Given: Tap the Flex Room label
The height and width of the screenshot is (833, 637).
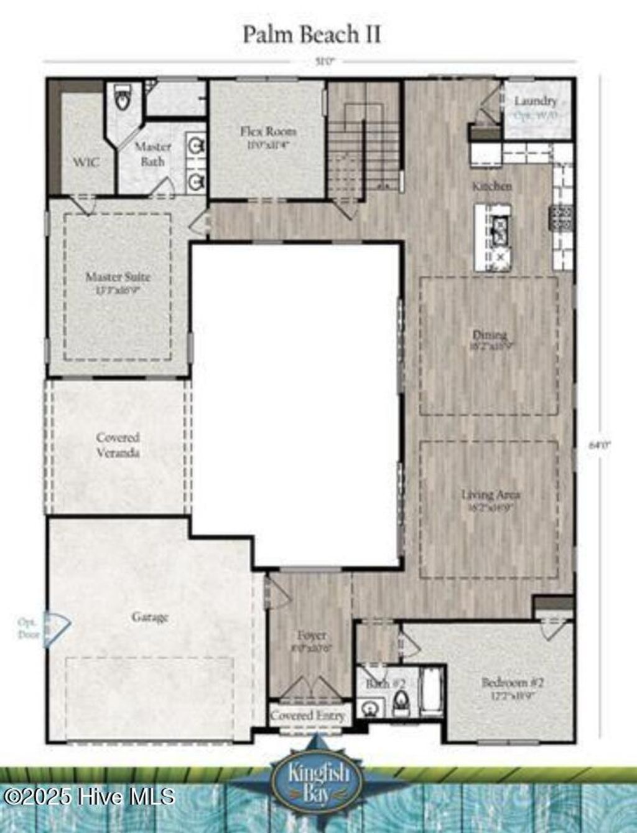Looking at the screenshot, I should pyautogui.click(x=268, y=132).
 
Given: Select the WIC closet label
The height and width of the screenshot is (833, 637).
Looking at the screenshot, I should pyautogui.click(x=86, y=162).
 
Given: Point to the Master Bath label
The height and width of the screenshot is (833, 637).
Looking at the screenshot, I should pyautogui.click(x=152, y=154).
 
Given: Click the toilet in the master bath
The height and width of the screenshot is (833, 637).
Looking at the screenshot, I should pyautogui.click(x=123, y=98).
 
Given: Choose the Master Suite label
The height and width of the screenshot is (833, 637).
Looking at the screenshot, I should pyautogui.click(x=118, y=277).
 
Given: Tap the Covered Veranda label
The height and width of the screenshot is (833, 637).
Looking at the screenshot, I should pyautogui.click(x=118, y=445).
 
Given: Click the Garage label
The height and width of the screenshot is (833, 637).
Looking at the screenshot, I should pyautogui.click(x=150, y=617).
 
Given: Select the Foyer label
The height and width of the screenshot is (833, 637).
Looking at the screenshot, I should pyautogui.click(x=311, y=636).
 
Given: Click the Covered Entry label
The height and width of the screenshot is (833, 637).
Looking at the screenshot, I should pyautogui.click(x=307, y=715).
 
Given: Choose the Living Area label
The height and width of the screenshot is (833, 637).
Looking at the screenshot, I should pyautogui.click(x=490, y=495).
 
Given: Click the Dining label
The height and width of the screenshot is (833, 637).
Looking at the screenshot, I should pyautogui.click(x=490, y=335).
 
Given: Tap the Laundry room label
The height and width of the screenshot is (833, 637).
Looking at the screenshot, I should pyautogui.click(x=536, y=101).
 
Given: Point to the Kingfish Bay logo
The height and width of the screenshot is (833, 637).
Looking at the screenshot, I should pyautogui.click(x=318, y=774).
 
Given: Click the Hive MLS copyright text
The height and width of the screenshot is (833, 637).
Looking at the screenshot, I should pyautogui.click(x=88, y=796).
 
